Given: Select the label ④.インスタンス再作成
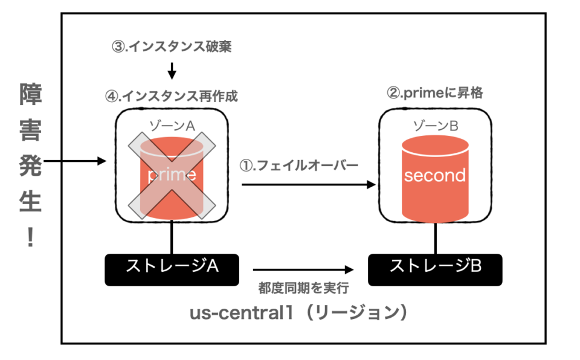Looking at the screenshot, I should tap(172, 96).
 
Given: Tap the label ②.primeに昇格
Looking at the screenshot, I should tap(434, 93).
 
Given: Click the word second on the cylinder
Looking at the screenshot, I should tap(435, 176).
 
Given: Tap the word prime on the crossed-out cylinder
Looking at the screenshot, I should tap(172, 176).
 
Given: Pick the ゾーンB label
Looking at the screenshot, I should tap(435, 126).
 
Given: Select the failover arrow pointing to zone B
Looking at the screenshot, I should tap(308, 185).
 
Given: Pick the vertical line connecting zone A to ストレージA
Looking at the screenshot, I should tap(172, 237).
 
